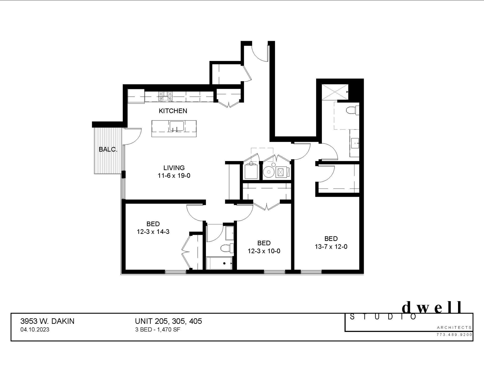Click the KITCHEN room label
click(173, 111)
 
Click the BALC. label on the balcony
click(108, 149)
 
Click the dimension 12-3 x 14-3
click(153, 232)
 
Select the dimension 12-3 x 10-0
click(264, 251)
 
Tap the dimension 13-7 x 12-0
click(331, 246)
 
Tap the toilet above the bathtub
click(226, 248)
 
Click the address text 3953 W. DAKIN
click(47, 321)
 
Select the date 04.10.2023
click(35, 330)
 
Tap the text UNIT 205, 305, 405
click(168, 321)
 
